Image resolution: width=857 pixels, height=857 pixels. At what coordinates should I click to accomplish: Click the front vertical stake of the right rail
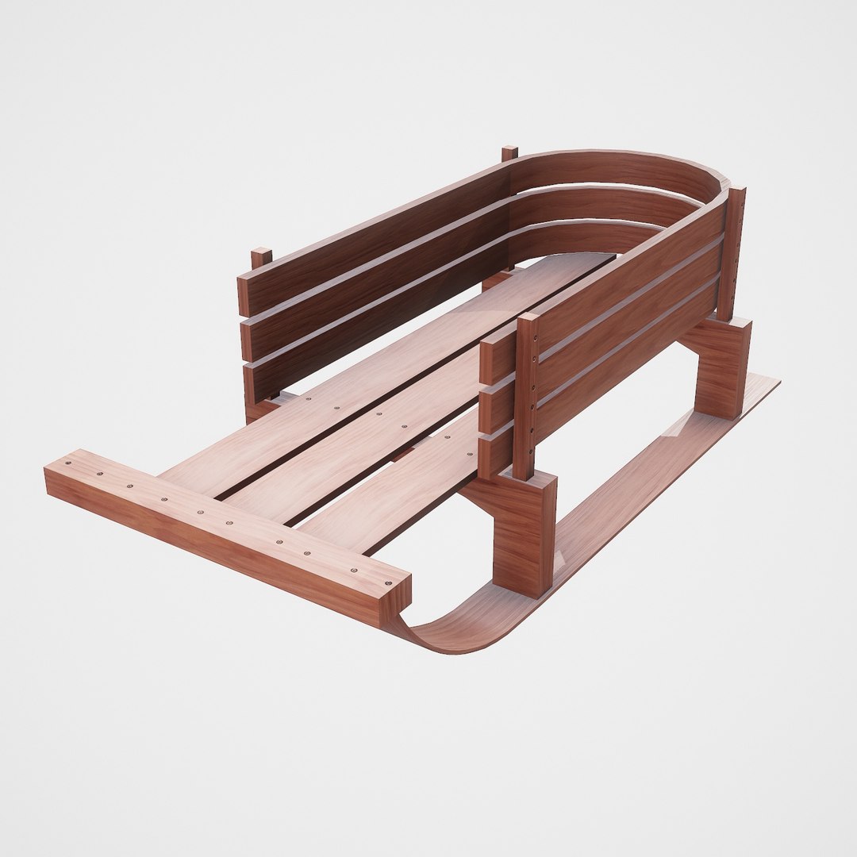point(526,397)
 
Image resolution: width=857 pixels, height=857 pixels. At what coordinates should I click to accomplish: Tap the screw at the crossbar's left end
point(68,463)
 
